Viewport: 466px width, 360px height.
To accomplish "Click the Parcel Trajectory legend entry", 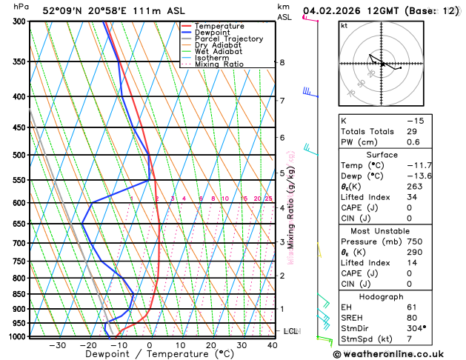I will pyautogui.click(x=228, y=39).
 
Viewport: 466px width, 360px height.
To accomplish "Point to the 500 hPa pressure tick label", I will pyautogui.click(x=19, y=156).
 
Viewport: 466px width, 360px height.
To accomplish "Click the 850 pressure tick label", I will pyautogui.click(x=19, y=294).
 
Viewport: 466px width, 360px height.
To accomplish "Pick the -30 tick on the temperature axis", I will pyautogui.click(x=57, y=345).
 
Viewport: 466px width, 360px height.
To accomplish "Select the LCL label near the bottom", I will pyautogui.click(x=291, y=331).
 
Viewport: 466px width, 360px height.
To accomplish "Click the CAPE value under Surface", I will pyautogui.click(x=409, y=208).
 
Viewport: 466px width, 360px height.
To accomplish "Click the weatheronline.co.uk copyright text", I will pyautogui.click(x=396, y=353).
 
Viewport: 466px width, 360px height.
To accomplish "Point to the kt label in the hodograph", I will pyautogui.click(x=344, y=25).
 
